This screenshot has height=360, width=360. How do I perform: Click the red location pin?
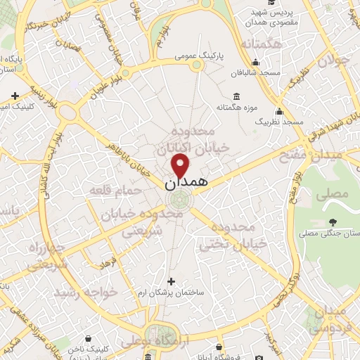(x=181, y=166)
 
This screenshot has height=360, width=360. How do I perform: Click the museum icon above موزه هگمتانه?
(x=235, y=96)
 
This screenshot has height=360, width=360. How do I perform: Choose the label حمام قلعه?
(x=109, y=190)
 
